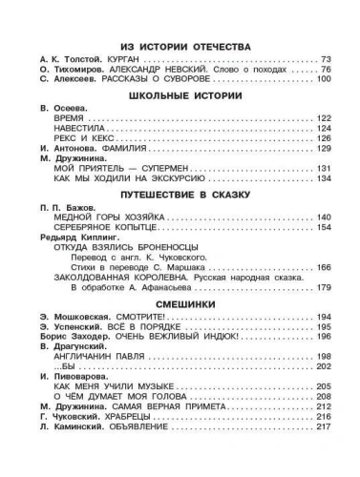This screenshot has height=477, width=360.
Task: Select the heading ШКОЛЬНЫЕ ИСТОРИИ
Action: (x=180, y=96)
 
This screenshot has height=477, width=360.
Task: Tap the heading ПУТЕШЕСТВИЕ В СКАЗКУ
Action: (x=180, y=195)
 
